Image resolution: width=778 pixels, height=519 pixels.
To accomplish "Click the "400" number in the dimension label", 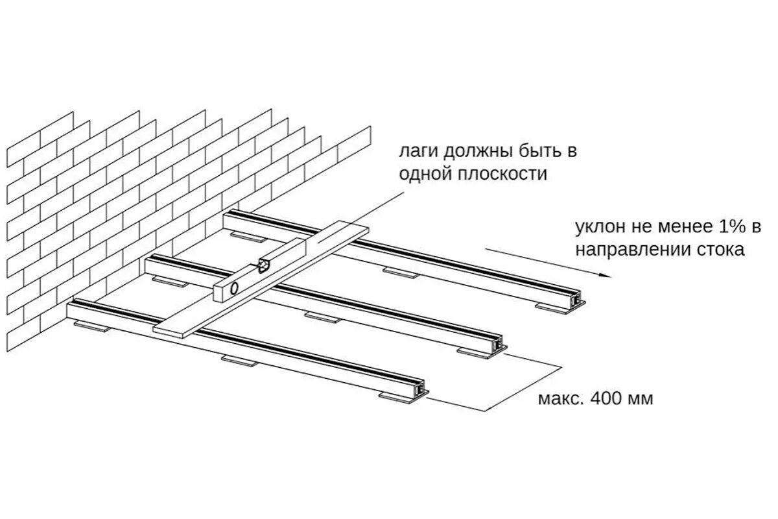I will (x=604, y=398).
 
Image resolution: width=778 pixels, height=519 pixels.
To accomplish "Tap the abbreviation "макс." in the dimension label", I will (x=559, y=398).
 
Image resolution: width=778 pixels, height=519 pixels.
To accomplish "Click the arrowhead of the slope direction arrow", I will (x=606, y=275).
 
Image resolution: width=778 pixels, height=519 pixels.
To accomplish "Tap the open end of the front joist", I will (x=422, y=387).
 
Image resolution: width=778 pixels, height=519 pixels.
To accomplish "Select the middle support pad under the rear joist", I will (x=400, y=271).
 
